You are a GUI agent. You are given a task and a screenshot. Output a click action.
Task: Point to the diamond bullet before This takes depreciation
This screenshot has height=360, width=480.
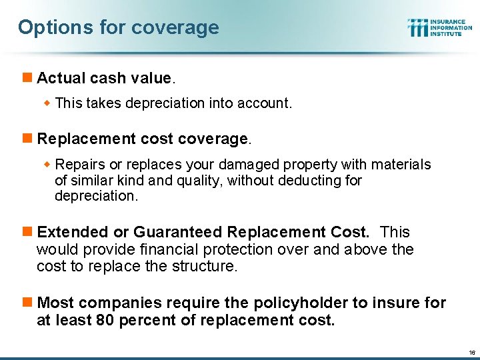click(x=48, y=103)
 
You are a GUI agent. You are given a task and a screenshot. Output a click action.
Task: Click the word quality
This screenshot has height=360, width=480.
click(x=196, y=180)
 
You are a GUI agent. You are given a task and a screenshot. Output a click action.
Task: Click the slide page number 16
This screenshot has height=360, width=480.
click(x=471, y=352)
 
